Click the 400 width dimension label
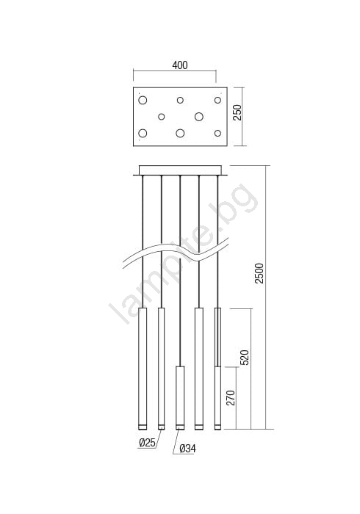[180, 65]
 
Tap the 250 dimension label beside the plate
[237, 112]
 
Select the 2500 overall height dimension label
[259, 273]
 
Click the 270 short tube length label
[231, 398]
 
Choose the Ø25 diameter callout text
[147, 443]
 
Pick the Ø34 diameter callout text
[188, 449]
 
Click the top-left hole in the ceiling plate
[143, 100]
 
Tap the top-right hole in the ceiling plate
[217, 100]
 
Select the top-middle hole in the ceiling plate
[180, 100]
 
